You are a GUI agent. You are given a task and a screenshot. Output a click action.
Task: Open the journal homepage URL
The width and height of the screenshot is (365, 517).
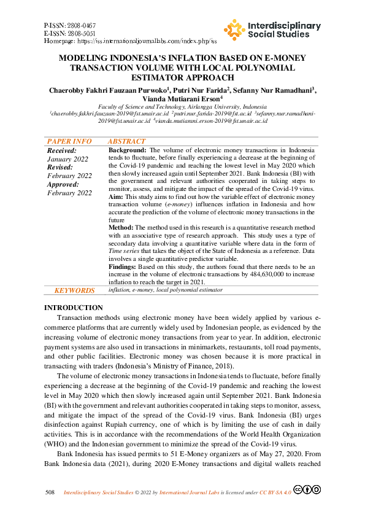point(145,41)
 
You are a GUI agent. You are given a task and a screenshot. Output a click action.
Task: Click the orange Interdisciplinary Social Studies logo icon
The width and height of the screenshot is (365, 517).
point(234,29)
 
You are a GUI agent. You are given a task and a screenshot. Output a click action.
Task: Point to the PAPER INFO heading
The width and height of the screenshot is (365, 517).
point(69,142)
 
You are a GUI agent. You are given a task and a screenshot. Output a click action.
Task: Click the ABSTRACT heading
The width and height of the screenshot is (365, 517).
point(126,142)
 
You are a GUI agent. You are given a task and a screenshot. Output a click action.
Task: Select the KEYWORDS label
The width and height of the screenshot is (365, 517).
point(74,290)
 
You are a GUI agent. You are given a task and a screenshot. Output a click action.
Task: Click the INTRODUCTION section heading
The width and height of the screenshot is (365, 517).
point(74,308)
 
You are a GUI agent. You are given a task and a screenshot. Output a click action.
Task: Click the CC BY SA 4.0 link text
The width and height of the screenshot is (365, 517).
point(276,493)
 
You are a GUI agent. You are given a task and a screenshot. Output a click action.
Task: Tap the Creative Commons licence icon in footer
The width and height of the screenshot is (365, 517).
point(307,490)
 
